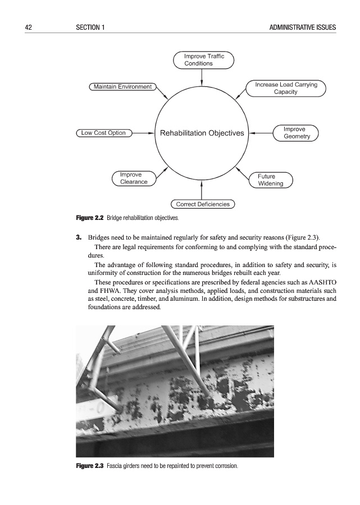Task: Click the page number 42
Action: coord(24,27)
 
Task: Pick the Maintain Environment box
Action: coord(123,87)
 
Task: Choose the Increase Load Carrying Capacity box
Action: coord(286,88)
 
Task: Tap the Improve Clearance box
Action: coord(134,178)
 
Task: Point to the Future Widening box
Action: coord(270,180)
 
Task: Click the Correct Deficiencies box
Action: coord(203,204)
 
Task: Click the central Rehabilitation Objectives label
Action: coord(202,134)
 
